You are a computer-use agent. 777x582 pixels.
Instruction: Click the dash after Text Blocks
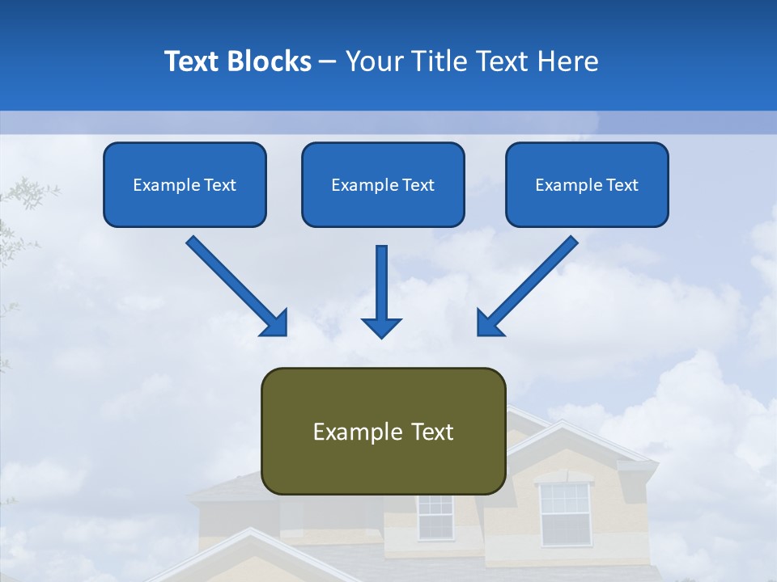(329, 62)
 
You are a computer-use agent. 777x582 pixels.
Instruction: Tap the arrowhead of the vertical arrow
(381, 327)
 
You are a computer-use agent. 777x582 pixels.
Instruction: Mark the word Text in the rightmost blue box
(622, 185)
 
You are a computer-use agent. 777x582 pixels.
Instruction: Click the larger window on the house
(565, 513)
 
